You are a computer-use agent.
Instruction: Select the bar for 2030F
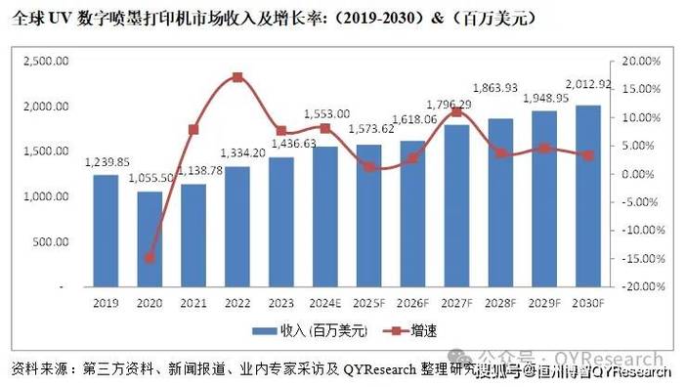pyautogui.click(x=586, y=195)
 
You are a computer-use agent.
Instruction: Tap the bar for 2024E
pyautogui.click(x=324, y=217)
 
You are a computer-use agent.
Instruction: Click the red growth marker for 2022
pyautogui.click(x=237, y=77)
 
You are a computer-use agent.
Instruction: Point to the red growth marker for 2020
pyautogui.click(x=150, y=258)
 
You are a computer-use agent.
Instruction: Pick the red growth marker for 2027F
pyautogui.click(x=455, y=112)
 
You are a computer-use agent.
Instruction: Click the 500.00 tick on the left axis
pyautogui.click(x=51, y=242)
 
